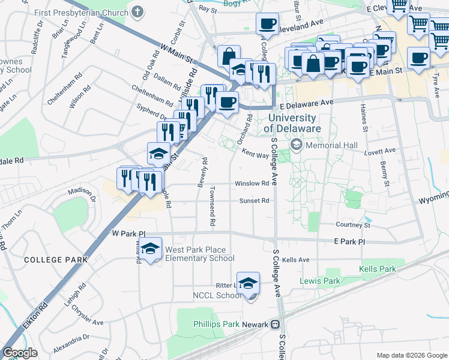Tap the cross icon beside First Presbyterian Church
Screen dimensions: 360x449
(x=138, y=11)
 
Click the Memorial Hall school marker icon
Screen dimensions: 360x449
(x=297, y=145)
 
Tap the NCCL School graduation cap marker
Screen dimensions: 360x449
(x=248, y=283)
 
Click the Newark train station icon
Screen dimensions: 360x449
(x=276, y=325)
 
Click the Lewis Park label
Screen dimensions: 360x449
(x=320, y=281)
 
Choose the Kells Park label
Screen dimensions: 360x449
(x=378, y=269)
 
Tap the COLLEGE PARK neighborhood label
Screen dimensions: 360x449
(x=55, y=260)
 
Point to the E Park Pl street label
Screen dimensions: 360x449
(x=349, y=241)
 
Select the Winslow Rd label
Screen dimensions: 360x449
(x=252, y=184)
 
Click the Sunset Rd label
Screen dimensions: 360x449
(x=254, y=201)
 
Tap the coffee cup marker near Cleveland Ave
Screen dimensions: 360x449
(x=267, y=25)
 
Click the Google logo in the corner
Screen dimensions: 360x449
(x=20, y=353)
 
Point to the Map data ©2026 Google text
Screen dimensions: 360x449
(x=411, y=355)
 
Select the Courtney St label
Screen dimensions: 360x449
(x=352, y=225)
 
